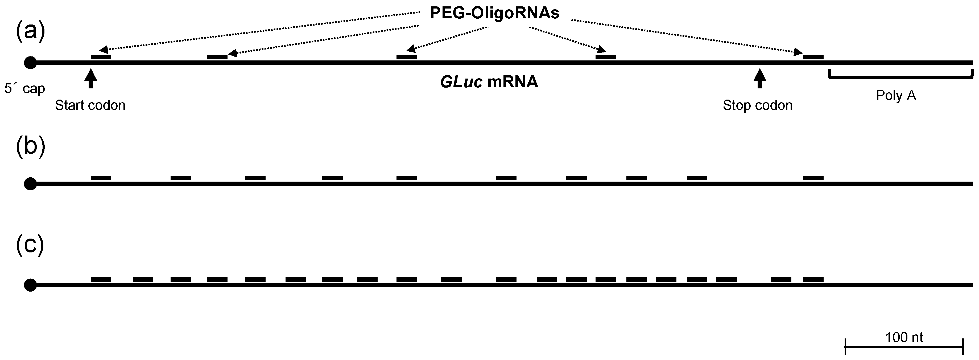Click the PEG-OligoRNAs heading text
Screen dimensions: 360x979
[494, 13]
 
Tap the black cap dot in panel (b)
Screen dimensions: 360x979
[30, 184]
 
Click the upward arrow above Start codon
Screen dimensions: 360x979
[90, 78]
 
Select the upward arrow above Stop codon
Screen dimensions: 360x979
[759, 78]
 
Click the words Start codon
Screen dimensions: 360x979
[90, 105]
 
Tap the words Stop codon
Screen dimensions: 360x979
[757, 105]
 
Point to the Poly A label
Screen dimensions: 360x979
[896, 95]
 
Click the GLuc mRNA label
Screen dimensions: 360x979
[489, 82]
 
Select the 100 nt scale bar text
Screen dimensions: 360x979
[904, 337]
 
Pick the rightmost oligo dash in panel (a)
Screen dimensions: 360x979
[813, 57]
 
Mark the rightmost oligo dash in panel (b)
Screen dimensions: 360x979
[813, 178]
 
